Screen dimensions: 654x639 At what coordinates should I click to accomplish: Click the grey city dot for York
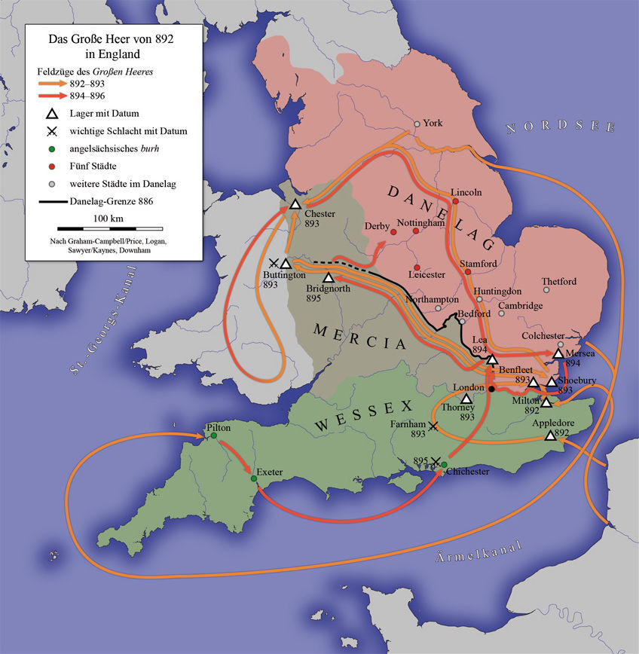[417, 124]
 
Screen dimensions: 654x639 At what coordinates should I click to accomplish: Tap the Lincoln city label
[466, 192]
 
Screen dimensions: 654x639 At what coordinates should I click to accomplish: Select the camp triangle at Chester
[295, 204]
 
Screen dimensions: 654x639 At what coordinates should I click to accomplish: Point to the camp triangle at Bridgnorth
[328, 278]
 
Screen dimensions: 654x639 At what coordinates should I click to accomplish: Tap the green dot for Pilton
[213, 435]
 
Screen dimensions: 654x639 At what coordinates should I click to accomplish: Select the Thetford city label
[559, 281]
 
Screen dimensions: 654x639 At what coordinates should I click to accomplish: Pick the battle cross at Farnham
[433, 426]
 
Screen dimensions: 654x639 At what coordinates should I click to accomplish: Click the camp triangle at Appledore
[550, 435]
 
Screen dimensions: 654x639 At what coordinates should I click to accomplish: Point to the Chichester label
[468, 472]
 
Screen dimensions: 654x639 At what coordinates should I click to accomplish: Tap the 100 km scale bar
[109, 227]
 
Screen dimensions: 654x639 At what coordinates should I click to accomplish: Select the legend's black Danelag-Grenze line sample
[55, 201]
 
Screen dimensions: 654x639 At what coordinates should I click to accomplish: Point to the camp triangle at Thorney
[466, 399]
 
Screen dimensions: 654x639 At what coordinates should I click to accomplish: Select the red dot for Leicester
[417, 267]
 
